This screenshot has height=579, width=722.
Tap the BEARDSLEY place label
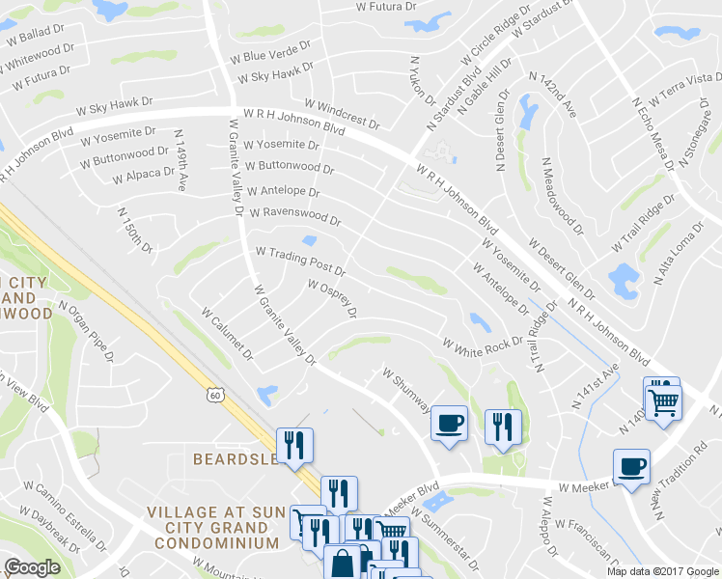point(236,459)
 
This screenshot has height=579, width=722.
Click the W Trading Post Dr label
point(300,258)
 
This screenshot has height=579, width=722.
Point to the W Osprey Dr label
point(332,299)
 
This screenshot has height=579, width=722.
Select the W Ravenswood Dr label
point(294,216)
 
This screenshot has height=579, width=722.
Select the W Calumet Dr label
point(227,334)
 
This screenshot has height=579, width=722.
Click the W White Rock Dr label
point(483,344)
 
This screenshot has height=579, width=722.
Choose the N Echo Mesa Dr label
point(652,132)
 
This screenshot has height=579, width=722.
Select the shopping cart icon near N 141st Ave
point(663,400)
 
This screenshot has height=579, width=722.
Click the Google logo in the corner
point(32,567)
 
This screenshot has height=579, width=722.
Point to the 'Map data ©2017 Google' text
point(662,571)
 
